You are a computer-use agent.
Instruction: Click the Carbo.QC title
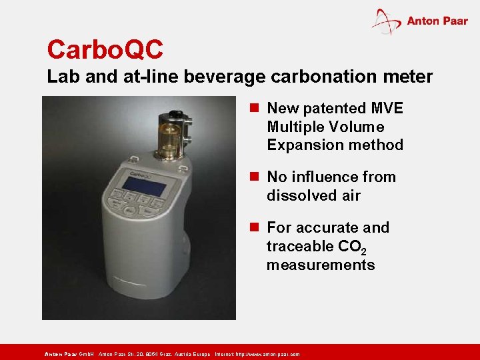click(105, 49)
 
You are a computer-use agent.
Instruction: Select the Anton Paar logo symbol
click(386, 21)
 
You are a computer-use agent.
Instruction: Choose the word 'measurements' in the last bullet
click(321, 265)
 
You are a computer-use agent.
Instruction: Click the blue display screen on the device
click(143, 186)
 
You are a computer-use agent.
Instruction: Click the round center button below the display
click(129, 211)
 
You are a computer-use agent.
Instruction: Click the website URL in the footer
click(267, 355)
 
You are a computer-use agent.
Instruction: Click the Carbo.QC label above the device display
click(141, 175)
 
